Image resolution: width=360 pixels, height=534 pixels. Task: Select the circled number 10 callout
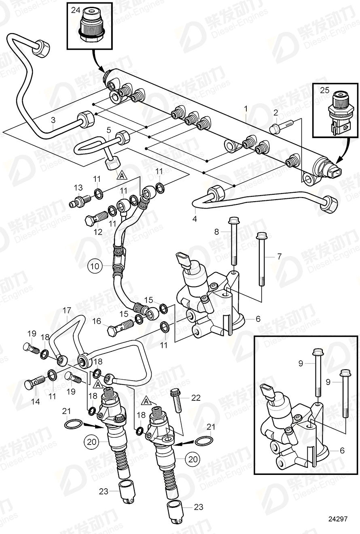[x=94, y=266]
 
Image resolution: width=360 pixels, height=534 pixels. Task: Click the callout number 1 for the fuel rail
[x=245, y=109]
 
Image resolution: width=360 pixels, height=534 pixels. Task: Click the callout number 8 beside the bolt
[x=216, y=232]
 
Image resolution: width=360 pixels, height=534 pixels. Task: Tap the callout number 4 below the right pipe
[x=195, y=219]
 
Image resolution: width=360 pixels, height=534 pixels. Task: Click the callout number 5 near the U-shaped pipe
[x=108, y=130]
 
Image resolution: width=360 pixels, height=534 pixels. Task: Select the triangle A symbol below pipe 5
[x=121, y=175]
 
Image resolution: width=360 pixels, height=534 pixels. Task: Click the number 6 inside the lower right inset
[x=342, y=450]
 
